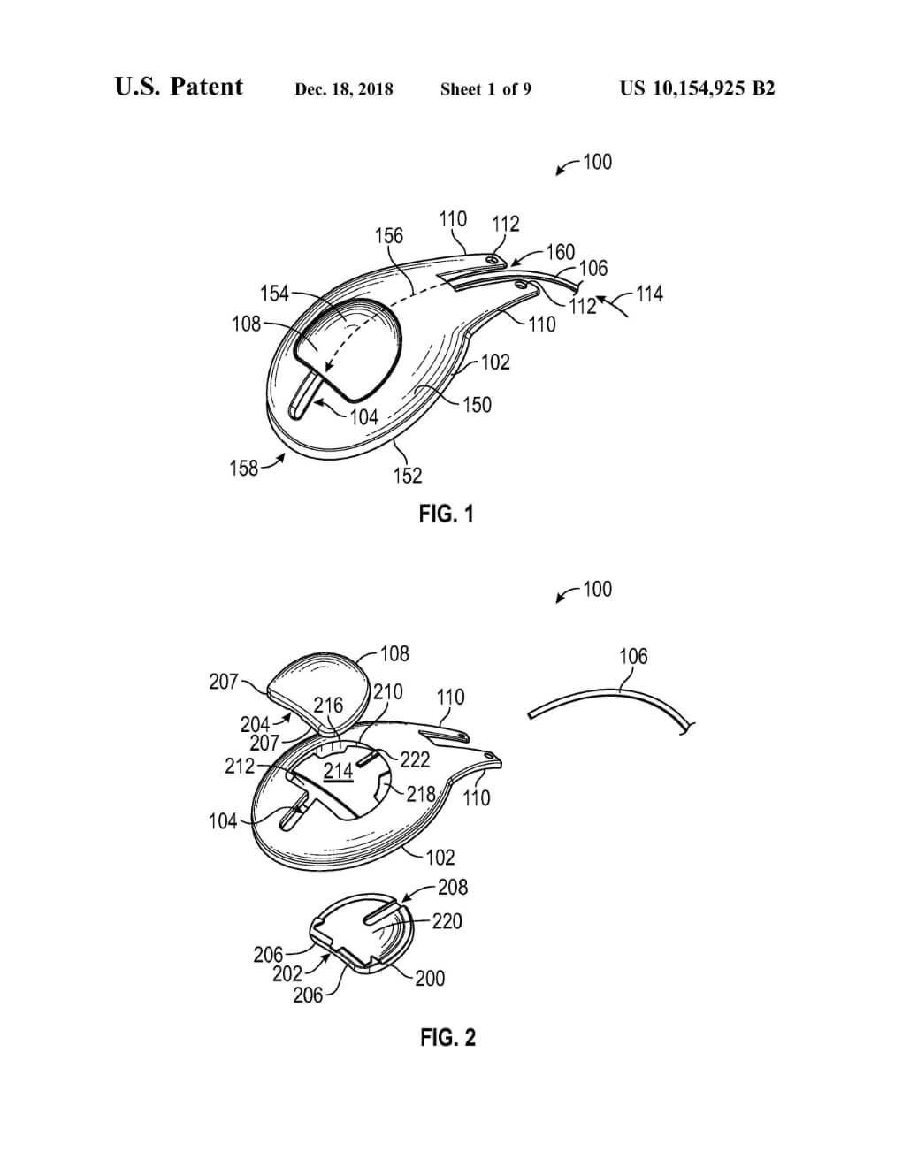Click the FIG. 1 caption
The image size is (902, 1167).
click(x=446, y=514)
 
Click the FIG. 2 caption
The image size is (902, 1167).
click(x=447, y=1037)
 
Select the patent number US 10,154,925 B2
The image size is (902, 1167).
click(x=698, y=88)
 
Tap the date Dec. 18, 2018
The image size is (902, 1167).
click(x=344, y=88)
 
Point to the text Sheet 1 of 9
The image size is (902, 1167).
click(x=485, y=88)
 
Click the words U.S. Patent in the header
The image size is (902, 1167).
click(x=179, y=87)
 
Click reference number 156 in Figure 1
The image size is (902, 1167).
click(x=388, y=235)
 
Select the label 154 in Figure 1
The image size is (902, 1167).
click(x=274, y=294)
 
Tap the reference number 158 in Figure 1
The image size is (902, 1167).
click(x=244, y=469)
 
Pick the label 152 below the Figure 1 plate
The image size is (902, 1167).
click(x=408, y=476)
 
